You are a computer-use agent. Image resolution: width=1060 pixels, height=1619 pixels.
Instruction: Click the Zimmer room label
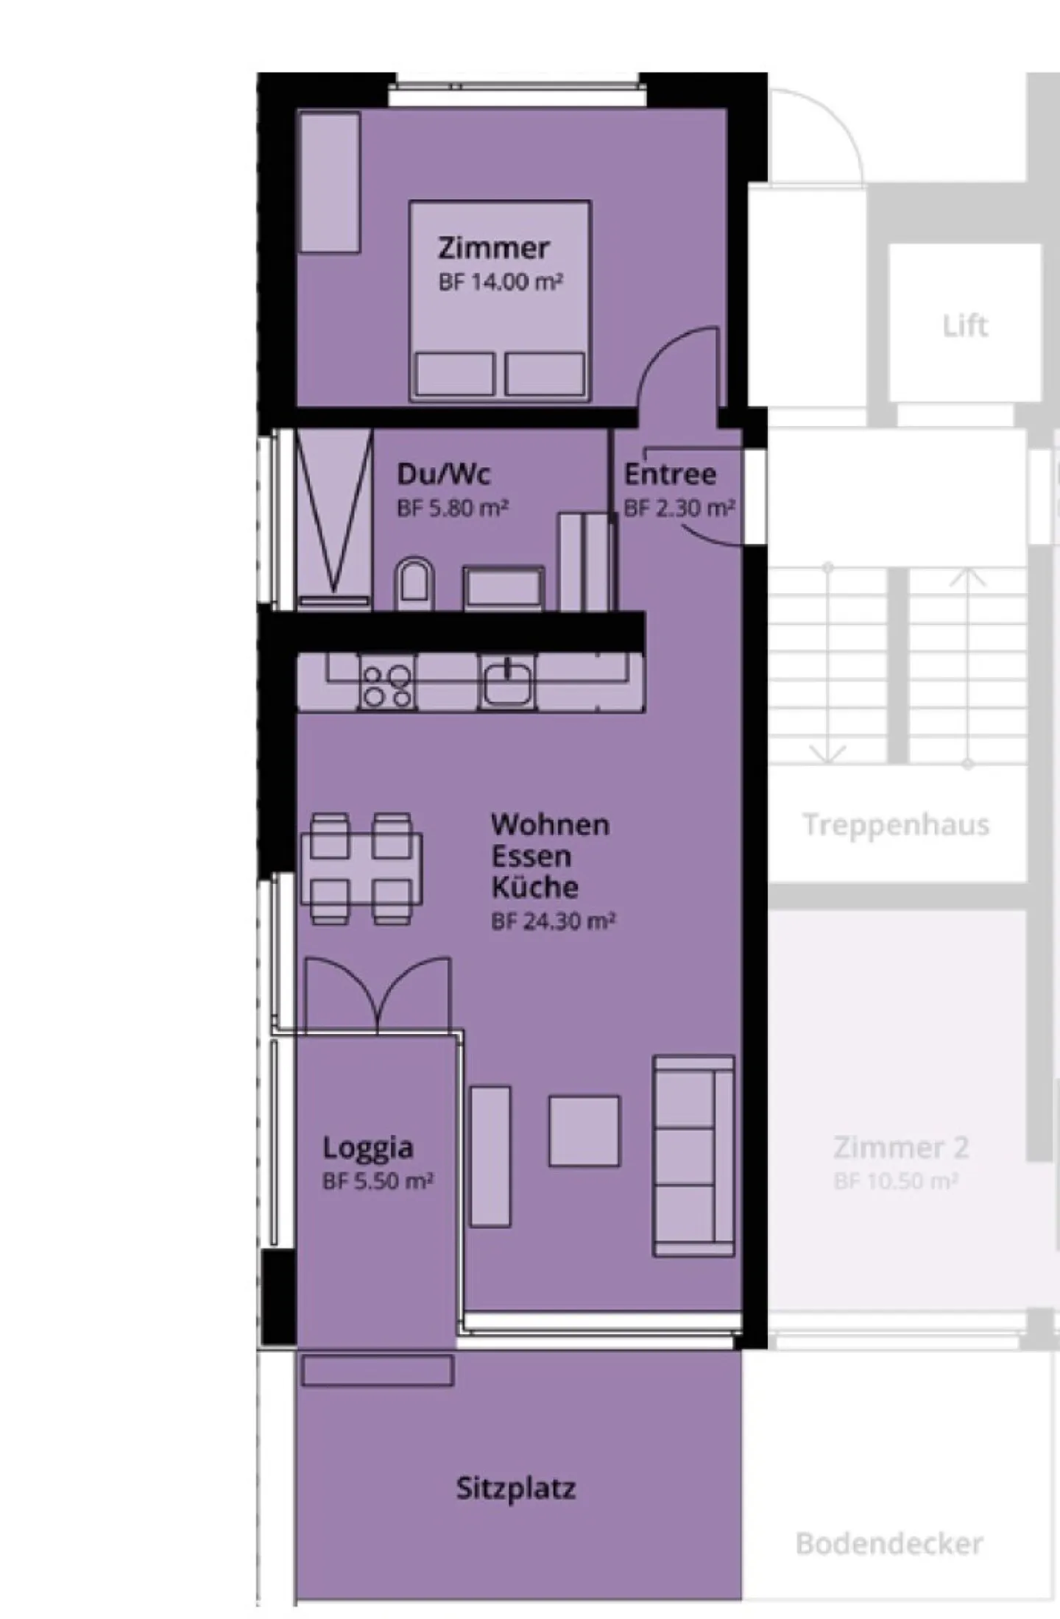[493, 248]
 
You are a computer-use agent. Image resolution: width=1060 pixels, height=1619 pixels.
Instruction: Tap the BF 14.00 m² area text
[501, 282]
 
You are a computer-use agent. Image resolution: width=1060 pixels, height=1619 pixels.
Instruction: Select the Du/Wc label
[443, 474]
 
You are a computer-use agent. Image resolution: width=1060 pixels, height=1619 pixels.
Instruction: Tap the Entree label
[670, 475]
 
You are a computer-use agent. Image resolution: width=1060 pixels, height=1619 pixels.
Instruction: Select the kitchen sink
[507, 681]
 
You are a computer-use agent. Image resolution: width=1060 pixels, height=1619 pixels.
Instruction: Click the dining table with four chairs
[361, 868]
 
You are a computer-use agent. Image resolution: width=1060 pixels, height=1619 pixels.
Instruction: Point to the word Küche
[534, 887]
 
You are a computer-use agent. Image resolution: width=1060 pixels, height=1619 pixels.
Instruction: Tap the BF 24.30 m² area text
[554, 921]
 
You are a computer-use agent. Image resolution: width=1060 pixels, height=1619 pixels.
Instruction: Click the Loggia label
[367, 1147]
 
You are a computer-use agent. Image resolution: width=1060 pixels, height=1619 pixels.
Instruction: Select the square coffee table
[584, 1131]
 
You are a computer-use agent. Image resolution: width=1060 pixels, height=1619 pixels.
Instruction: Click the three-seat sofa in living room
[693, 1155]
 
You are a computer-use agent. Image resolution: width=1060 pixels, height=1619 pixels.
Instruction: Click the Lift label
[965, 325]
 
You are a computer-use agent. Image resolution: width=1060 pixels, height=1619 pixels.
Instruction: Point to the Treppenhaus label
[896, 825]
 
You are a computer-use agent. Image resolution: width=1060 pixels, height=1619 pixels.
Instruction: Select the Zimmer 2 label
[901, 1147]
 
